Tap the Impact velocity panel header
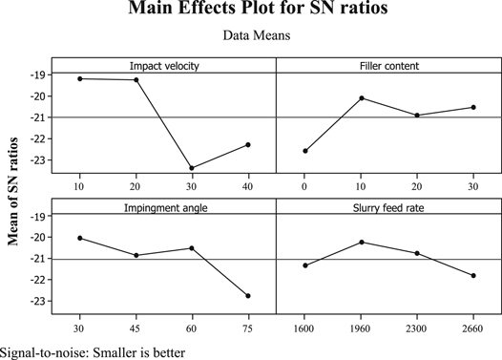pyautogui.click(x=163, y=65)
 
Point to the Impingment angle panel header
pyautogui.click(x=163, y=205)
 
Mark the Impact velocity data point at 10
pyautogui.click(x=79, y=78)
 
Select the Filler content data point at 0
pyautogui.click(x=304, y=151)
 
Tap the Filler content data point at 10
pyautogui.click(x=361, y=97)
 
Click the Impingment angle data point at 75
pyautogui.click(x=248, y=296)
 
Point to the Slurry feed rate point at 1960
pyautogui.click(x=361, y=242)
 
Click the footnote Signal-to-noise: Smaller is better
pyautogui.click(x=93, y=350)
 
